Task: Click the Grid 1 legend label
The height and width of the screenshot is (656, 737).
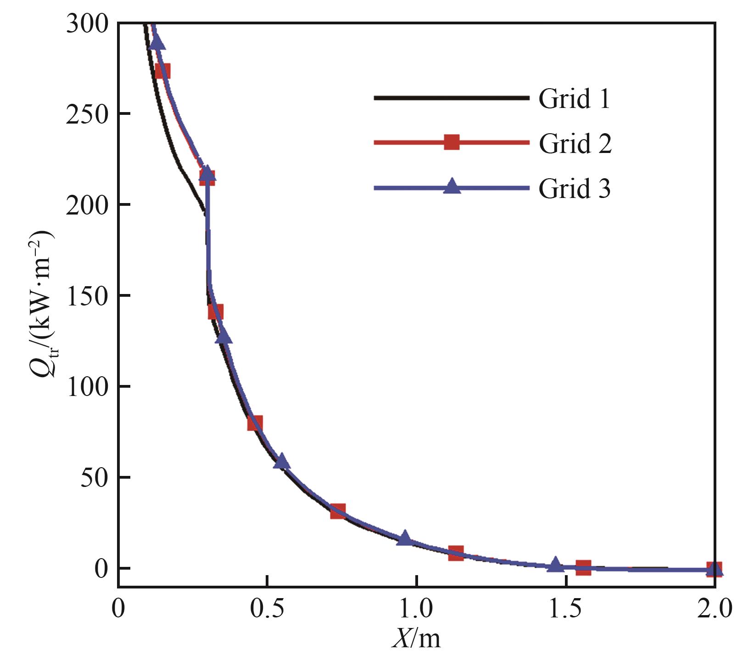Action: pos(574,99)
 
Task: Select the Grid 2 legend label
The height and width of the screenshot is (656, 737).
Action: pos(575,143)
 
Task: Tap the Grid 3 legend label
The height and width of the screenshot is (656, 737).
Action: pos(575,188)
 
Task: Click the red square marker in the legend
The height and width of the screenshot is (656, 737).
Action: pos(452,142)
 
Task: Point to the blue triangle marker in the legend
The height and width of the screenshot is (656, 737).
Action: pos(452,186)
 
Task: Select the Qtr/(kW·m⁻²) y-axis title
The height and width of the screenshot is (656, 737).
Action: pos(44,303)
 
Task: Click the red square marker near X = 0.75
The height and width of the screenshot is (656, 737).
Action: pos(338,511)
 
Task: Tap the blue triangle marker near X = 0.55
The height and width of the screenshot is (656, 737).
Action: pos(282,461)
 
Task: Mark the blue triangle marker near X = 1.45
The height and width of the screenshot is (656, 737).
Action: pos(555,565)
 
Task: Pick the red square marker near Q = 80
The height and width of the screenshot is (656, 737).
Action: pos(255,423)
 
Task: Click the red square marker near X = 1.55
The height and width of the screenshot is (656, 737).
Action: pos(583,567)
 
